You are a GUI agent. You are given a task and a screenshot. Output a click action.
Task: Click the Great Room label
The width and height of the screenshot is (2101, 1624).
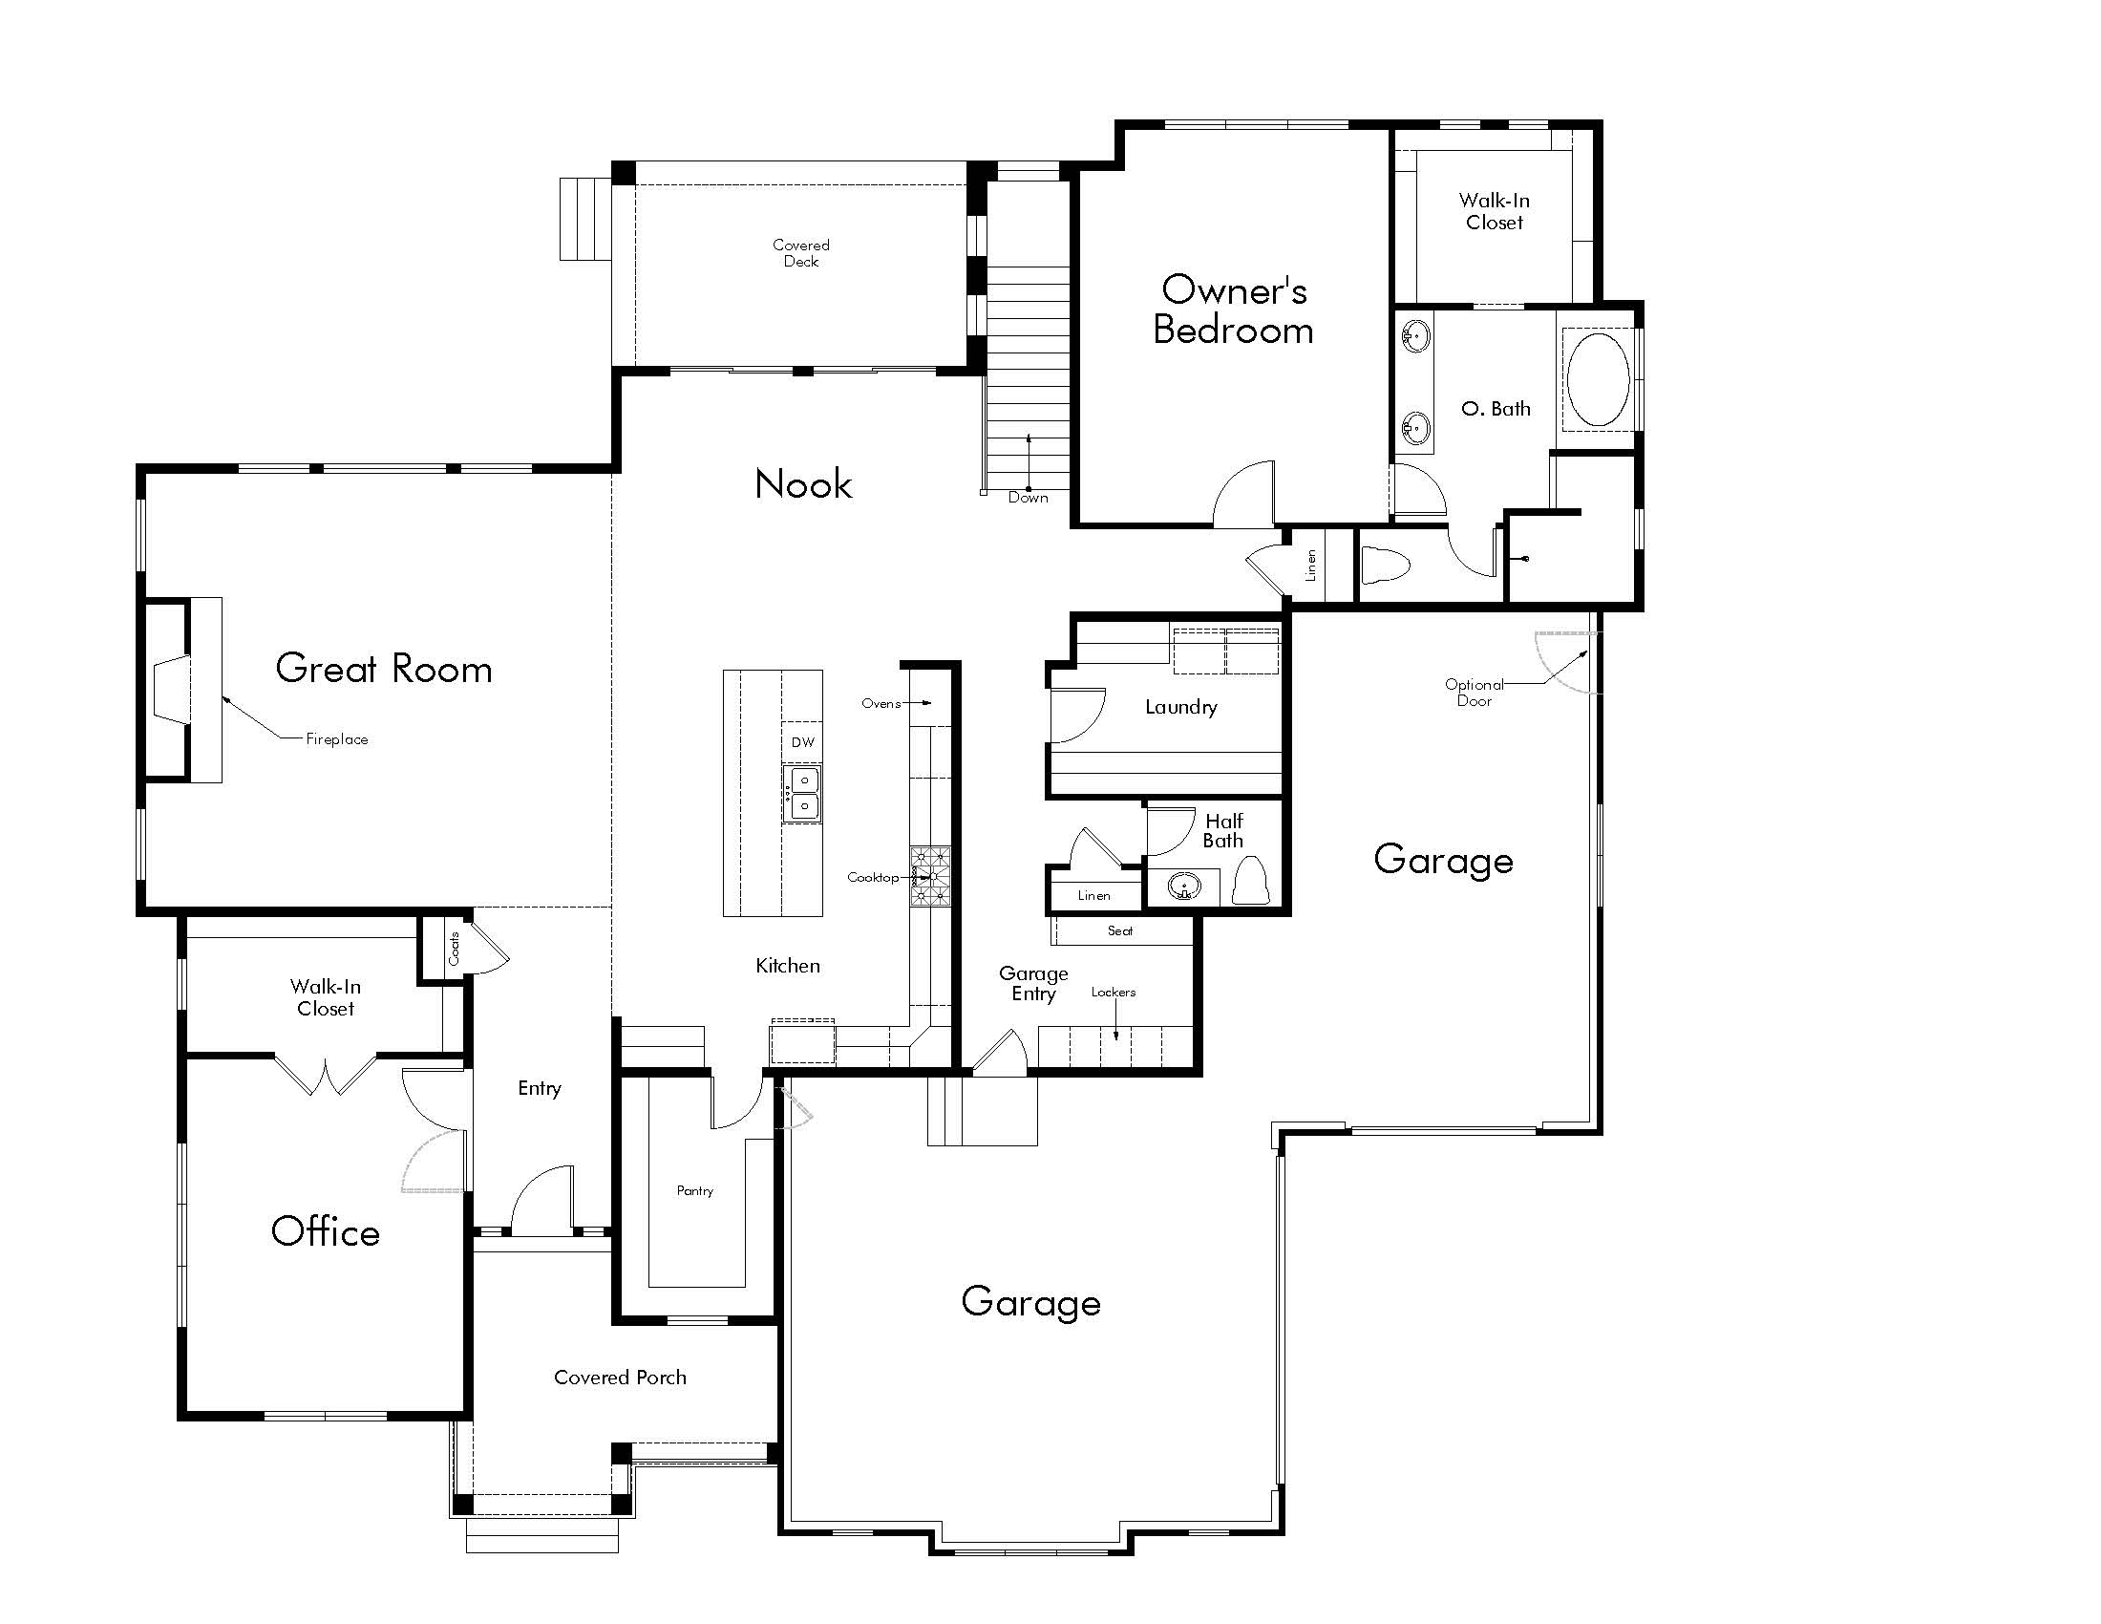383,669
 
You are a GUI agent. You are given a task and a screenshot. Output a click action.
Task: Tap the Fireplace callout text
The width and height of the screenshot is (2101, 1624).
337,738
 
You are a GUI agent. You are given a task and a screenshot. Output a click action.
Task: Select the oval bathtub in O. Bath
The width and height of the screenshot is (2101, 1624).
1598,379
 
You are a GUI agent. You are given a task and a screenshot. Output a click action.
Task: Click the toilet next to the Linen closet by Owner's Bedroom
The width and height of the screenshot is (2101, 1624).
1387,566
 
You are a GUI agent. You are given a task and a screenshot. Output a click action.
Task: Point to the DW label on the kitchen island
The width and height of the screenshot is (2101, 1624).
802,741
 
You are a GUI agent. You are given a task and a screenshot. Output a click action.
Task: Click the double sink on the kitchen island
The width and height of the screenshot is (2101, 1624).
801,793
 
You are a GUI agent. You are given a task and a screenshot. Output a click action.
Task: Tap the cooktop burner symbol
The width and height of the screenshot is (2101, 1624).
930,876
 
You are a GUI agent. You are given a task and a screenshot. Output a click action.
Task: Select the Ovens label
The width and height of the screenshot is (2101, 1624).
881,703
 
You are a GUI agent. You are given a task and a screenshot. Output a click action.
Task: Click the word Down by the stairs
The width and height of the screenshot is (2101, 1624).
1028,498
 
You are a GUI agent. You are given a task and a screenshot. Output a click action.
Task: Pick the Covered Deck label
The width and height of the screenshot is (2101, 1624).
800,253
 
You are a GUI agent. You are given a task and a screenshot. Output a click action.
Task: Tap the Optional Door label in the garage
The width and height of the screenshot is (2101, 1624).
1474,693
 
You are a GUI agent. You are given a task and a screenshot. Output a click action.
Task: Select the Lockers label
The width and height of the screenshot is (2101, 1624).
1113,992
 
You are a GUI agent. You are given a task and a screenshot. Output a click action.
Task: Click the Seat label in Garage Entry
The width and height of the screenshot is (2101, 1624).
1120,930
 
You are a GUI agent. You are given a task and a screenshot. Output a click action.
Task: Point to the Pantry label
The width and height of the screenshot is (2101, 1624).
694,1190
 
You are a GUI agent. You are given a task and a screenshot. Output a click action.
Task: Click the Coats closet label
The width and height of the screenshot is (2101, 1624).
454,948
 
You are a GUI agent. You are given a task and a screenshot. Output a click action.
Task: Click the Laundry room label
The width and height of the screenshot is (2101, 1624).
1180,707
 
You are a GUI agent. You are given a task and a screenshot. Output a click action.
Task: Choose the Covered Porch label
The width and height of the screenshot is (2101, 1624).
620,1377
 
